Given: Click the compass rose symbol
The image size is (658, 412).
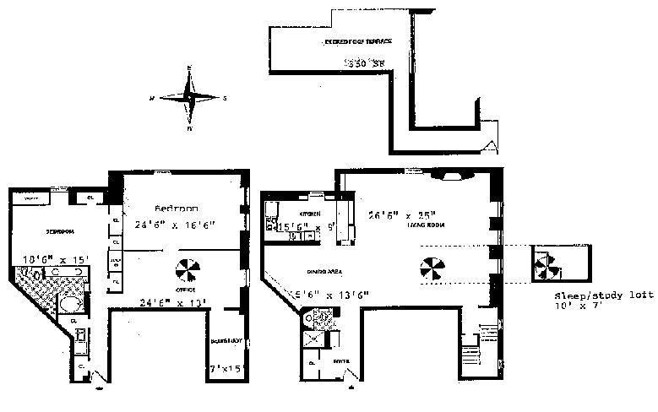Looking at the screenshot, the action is tap(189, 97).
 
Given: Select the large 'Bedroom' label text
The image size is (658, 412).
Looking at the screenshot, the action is tap(177, 208).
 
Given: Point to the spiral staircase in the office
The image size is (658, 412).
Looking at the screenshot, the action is tap(189, 271).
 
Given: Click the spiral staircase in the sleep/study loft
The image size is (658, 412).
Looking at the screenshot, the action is tap(543, 268).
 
